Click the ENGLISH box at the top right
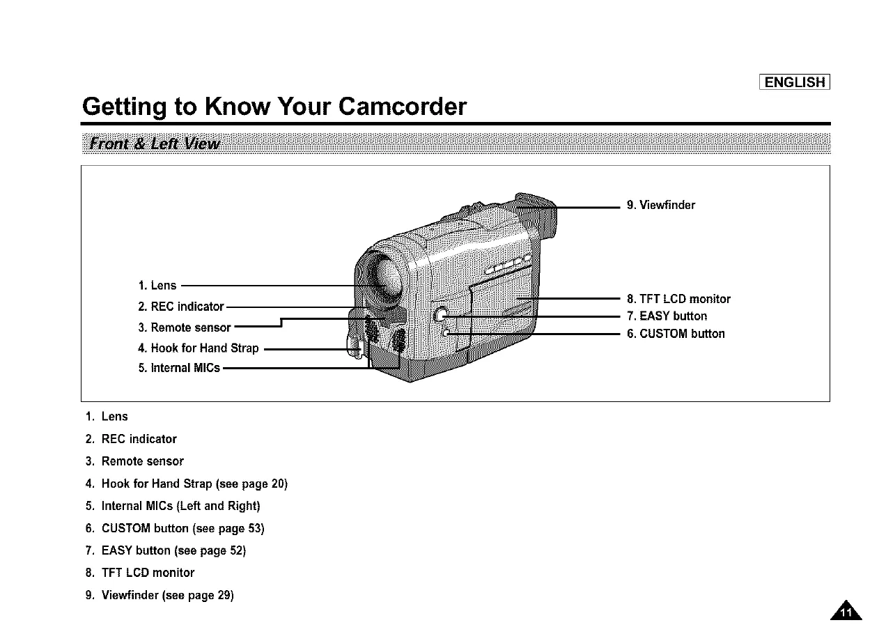(794, 82)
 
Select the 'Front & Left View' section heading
(150, 144)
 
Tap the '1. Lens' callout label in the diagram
(157, 286)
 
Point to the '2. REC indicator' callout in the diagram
(181, 307)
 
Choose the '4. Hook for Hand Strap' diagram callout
(199, 348)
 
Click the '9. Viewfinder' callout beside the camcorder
(661, 205)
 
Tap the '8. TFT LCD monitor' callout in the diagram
(678, 299)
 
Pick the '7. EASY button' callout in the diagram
(667, 316)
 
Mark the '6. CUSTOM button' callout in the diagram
(676, 334)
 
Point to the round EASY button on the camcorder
(440, 315)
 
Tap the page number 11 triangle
(846, 611)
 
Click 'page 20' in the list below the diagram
(265, 484)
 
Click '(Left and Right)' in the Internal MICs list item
(219, 506)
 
